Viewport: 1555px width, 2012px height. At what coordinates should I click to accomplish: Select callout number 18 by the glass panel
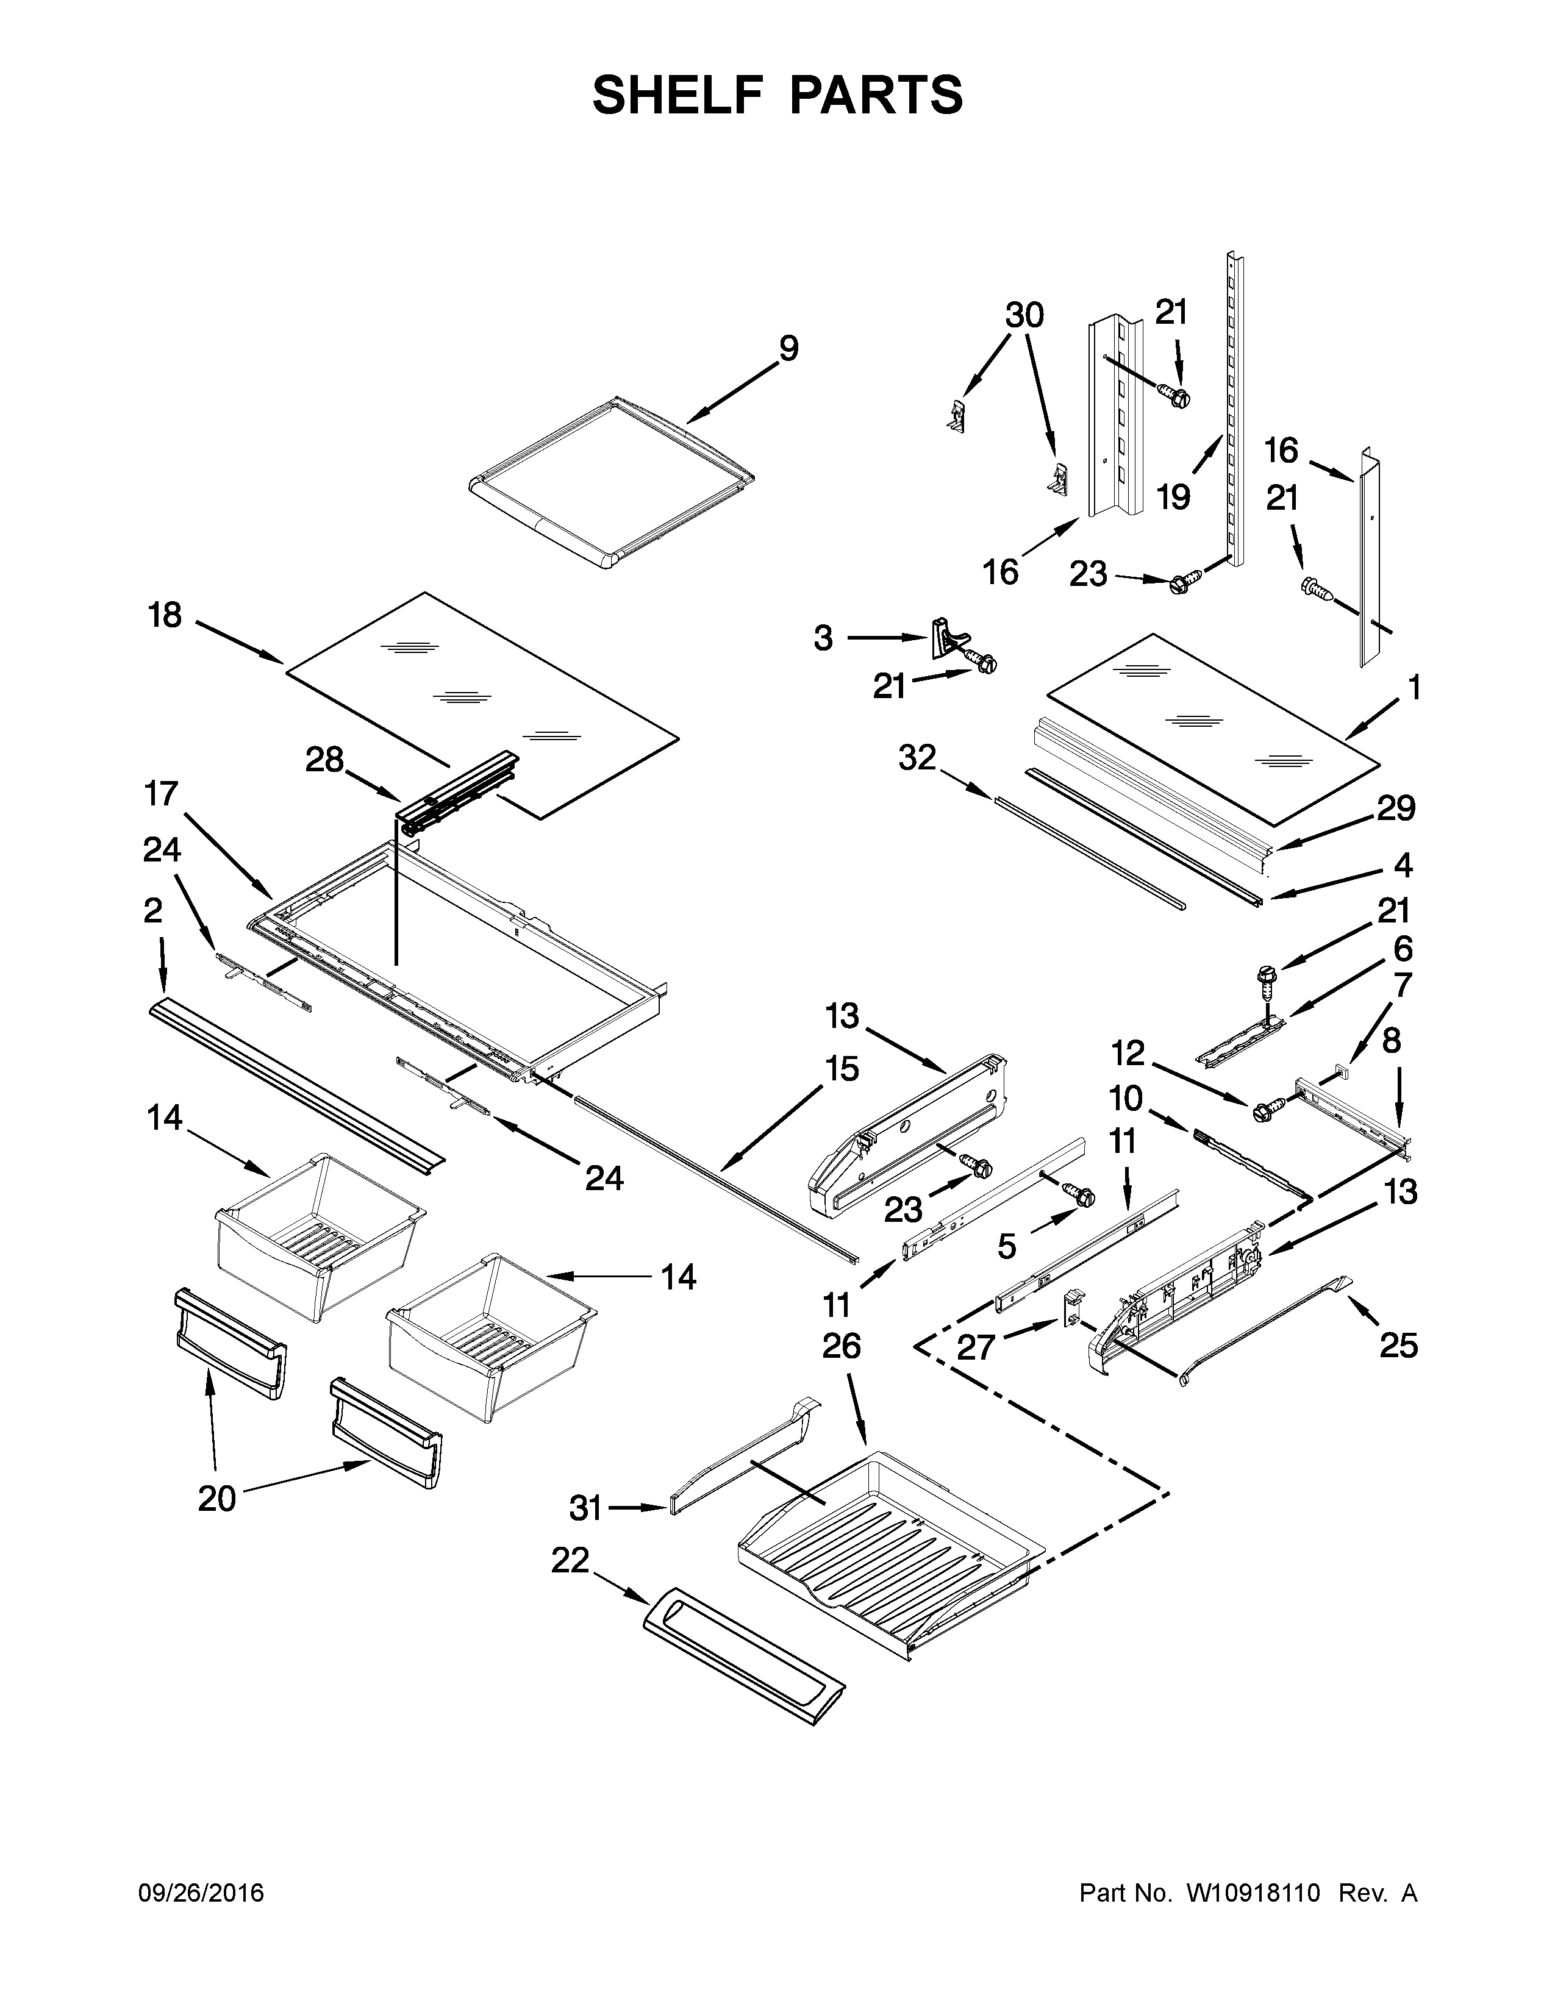166,615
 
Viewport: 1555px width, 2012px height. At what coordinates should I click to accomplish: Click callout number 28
324,760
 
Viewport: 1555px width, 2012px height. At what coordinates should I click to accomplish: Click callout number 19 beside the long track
1174,498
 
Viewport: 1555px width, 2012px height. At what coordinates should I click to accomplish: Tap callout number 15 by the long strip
841,1069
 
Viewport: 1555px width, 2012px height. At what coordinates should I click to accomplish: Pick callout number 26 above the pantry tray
841,1346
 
